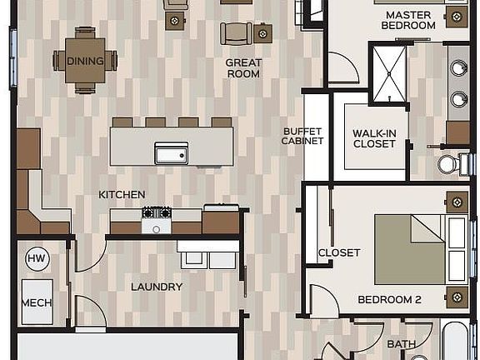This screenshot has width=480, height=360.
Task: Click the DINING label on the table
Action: tap(85, 61)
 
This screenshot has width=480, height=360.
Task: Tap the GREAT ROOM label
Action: tap(243, 68)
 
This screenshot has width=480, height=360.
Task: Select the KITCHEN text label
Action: tap(122, 194)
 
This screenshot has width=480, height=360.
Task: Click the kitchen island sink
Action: tap(171, 153)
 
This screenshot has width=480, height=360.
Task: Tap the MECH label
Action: tap(37, 303)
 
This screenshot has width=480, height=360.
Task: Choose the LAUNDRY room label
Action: tap(156, 287)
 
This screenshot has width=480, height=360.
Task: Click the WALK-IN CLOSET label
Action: tap(373, 138)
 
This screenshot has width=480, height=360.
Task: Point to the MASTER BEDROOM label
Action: tap(408, 20)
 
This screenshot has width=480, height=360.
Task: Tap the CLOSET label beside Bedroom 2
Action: tap(339, 252)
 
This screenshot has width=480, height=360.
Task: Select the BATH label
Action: tap(401, 343)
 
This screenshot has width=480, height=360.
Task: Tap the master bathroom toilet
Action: tap(451, 164)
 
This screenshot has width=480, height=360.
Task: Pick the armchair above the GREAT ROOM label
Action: tap(236, 33)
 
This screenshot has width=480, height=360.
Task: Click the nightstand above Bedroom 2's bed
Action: tap(456, 202)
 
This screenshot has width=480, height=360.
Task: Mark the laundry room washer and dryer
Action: tap(207, 256)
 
